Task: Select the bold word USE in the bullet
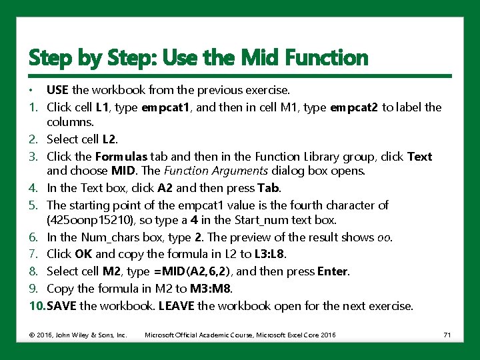(x=57, y=90)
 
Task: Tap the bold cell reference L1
(x=102, y=107)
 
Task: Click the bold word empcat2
(x=354, y=108)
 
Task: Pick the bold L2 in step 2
(x=109, y=139)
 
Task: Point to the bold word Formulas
(x=121, y=157)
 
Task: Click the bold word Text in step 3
(x=420, y=157)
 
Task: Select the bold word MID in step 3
(x=123, y=171)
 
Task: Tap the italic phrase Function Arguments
(x=216, y=171)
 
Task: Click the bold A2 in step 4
(x=165, y=188)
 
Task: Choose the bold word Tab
(x=268, y=188)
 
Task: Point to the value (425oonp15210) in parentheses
(x=90, y=221)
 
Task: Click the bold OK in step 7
(x=83, y=254)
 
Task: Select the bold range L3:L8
(x=269, y=254)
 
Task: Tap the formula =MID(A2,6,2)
(x=192, y=271)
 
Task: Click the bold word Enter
(x=333, y=271)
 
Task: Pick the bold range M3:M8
(x=210, y=289)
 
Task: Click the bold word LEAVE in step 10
(x=176, y=306)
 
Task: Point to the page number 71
(x=447, y=335)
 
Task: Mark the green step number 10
(x=37, y=306)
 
